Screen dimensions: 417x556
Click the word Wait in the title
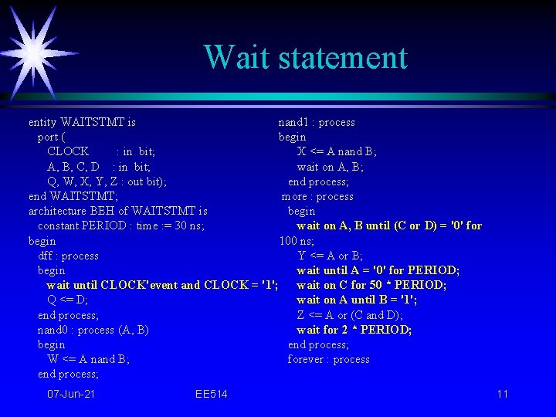point(236,57)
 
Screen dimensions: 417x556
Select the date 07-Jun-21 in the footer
point(71,395)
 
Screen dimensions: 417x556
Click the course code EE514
point(212,395)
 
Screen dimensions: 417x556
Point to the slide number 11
point(503,395)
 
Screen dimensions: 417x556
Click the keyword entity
point(42,122)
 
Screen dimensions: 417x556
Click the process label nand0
point(53,330)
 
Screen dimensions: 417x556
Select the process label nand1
point(294,122)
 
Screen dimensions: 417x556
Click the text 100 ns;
point(297,241)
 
